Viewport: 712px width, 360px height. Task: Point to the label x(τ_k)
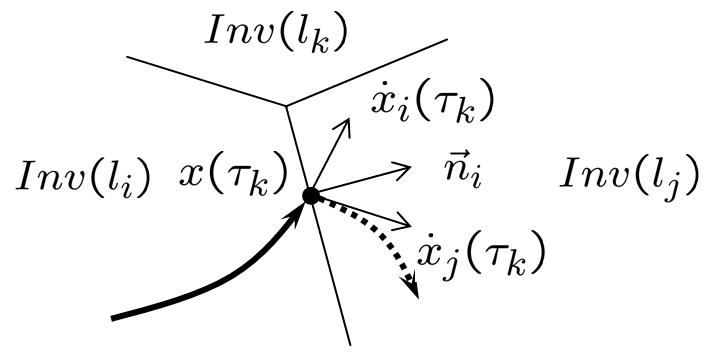click(233, 177)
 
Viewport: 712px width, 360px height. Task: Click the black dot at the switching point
click(311, 196)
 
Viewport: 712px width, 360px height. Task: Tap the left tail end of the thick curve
click(112, 318)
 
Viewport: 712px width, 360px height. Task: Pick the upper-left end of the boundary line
click(128, 58)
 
